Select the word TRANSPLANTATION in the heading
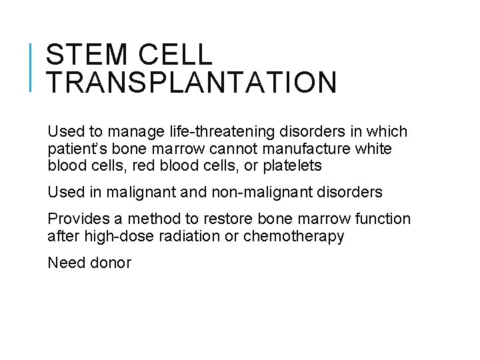pos(192,83)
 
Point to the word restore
pos(230,219)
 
